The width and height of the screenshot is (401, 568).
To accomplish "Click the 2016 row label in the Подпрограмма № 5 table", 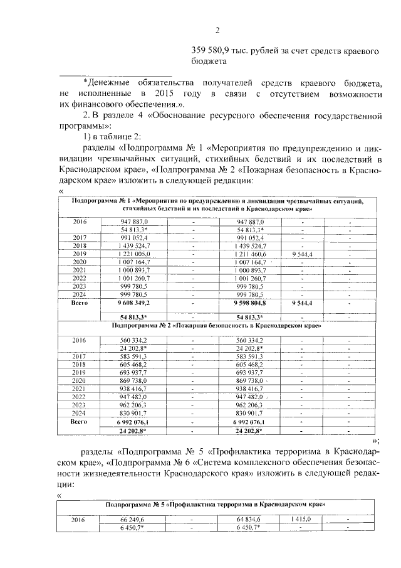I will point(79,520).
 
